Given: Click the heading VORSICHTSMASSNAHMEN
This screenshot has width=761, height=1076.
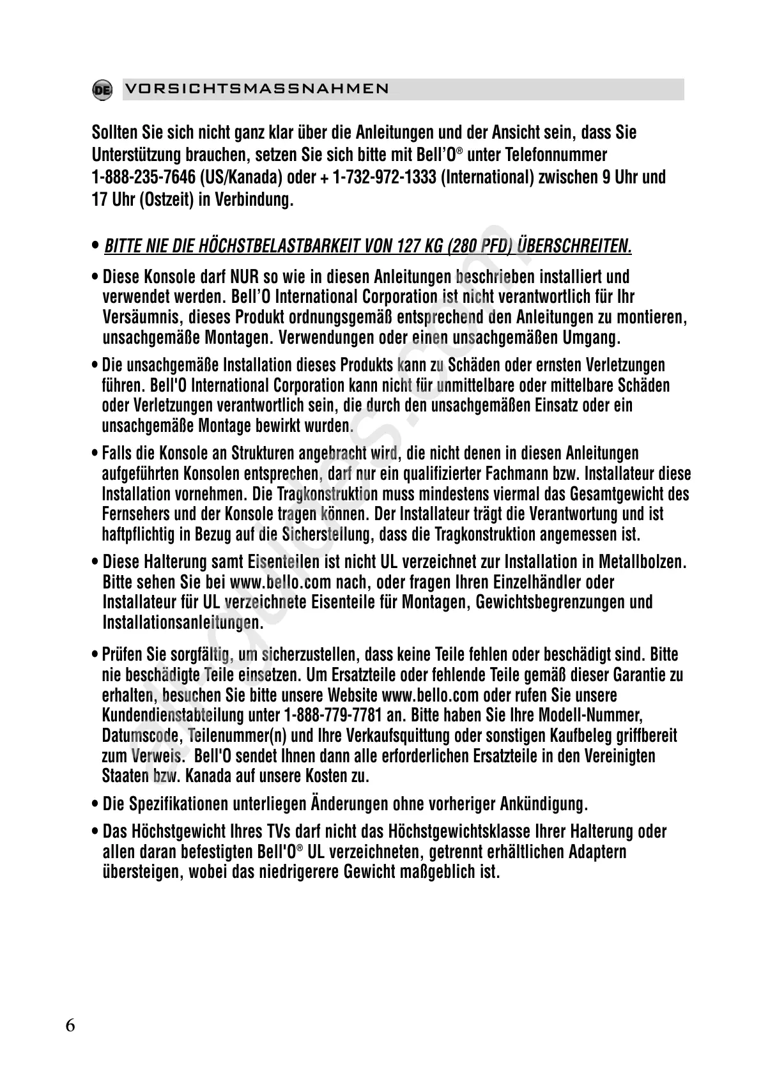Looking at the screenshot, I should (257, 89).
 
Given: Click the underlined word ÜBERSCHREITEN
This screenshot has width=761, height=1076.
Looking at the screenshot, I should (574, 246).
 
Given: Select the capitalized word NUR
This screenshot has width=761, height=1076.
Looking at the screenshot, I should (244, 277).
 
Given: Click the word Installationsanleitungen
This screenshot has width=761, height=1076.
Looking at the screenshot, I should (182, 622).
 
